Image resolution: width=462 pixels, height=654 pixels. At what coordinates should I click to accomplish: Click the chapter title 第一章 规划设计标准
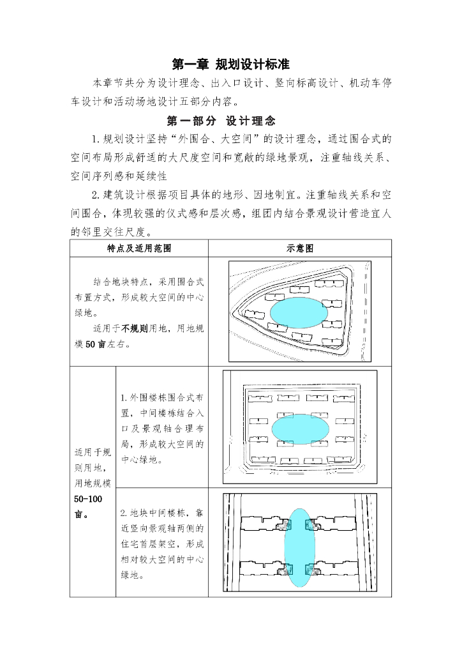tap(231, 65)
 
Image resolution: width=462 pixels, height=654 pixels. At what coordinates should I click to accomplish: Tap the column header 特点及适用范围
tap(139, 248)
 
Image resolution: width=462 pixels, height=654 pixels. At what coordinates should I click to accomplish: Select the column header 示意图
tap(300, 248)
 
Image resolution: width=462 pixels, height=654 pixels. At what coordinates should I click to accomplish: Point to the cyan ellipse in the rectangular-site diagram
tap(300, 429)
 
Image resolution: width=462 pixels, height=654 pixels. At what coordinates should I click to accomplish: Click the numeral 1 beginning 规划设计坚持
tap(94, 139)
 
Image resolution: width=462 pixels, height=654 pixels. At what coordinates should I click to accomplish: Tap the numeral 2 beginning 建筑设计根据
tap(94, 194)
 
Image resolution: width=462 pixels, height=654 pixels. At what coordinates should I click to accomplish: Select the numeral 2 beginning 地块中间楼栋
tap(123, 513)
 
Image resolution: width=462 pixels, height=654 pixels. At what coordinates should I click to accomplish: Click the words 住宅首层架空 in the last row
tap(154, 544)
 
